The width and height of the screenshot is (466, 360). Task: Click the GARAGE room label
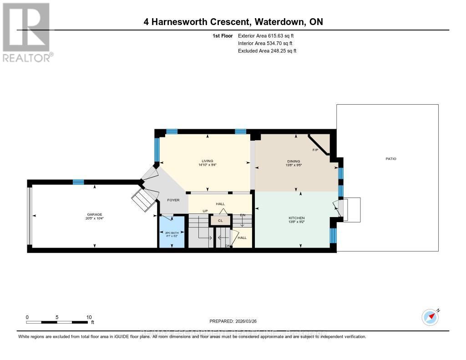[x=95, y=214]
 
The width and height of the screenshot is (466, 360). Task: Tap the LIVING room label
[x=208, y=161]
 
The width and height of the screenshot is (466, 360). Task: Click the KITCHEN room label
[x=296, y=218]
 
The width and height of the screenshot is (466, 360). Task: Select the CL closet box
[x=220, y=220]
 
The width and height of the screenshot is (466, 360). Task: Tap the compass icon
[x=430, y=317]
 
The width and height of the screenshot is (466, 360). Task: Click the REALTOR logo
[x=26, y=32]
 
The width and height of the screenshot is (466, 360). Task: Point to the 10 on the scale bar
[x=88, y=317]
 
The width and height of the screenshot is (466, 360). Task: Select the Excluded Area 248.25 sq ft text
[x=267, y=51]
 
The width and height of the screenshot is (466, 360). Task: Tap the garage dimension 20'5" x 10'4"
[x=95, y=218]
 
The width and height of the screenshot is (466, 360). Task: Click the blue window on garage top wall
[x=78, y=182]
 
